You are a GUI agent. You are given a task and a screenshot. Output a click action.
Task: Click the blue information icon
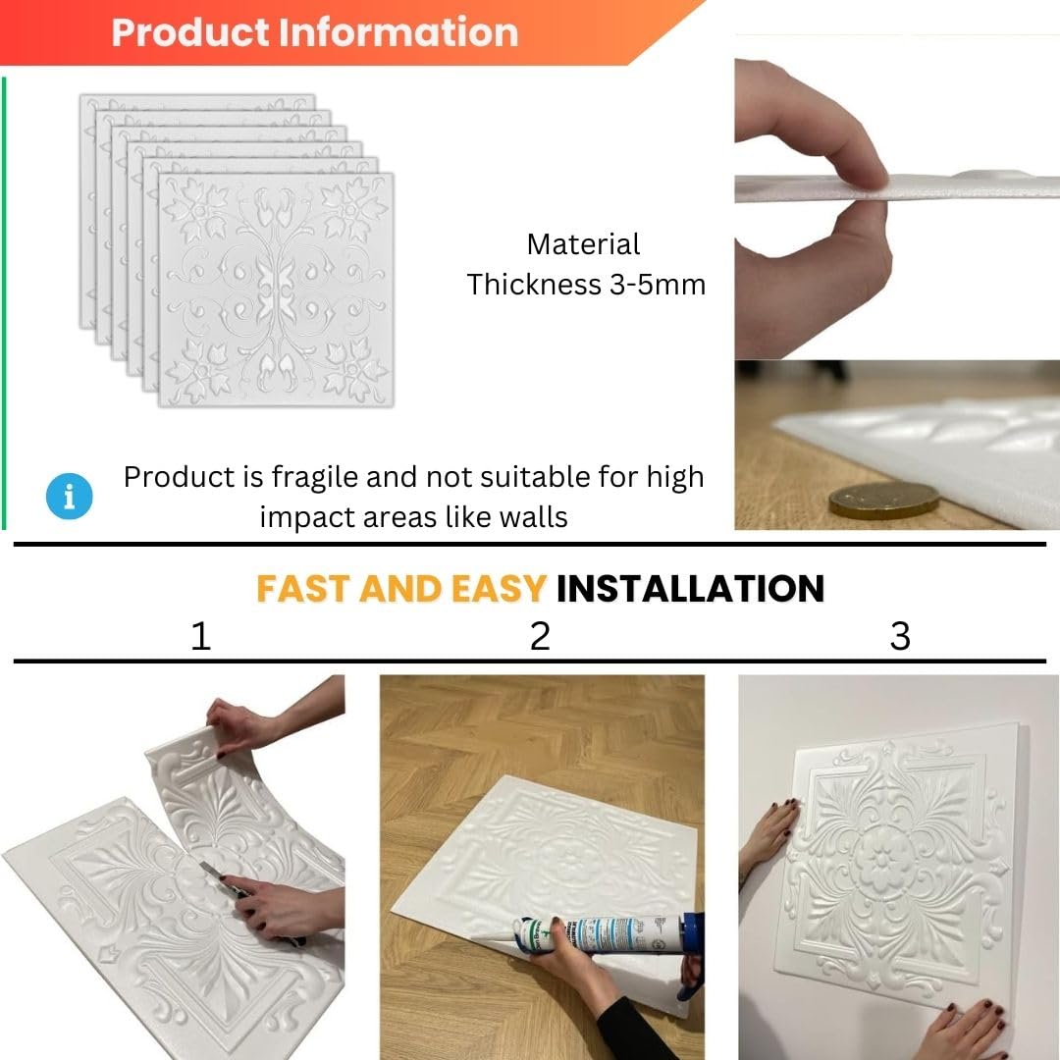pos(69,496)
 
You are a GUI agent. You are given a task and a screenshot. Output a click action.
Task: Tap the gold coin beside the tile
pos(883,501)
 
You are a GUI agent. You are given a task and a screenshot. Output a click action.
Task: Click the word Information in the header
pos(398,31)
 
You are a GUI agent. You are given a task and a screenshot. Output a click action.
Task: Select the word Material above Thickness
pos(583,244)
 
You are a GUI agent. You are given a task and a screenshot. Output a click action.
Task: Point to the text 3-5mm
pos(658,285)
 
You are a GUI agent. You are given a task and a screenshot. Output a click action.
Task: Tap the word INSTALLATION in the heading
pos(690,588)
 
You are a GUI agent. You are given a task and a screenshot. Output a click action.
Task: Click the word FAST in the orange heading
pos(304,588)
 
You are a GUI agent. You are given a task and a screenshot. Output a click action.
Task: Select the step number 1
pos(201,636)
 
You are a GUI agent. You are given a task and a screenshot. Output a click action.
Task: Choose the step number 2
pos(540,636)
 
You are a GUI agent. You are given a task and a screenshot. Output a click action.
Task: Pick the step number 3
pos(900,636)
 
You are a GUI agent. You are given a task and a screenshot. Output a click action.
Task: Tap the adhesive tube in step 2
pos(599,933)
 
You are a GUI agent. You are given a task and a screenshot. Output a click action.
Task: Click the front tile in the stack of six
pos(276,290)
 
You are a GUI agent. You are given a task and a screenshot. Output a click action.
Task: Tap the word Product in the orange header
pos(190,31)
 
